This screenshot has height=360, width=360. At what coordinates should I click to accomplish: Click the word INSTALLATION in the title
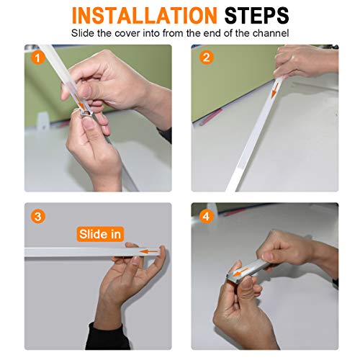tap(145, 16)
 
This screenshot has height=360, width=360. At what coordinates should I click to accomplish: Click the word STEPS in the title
tap(256, 16)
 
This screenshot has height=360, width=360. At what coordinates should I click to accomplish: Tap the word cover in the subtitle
tap(127, 33)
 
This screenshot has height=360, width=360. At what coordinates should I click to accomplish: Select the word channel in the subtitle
tap(271, 33)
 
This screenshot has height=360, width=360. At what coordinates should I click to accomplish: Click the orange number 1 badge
tap(38, 58)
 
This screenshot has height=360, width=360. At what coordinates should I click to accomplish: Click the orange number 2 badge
tap(206, 58)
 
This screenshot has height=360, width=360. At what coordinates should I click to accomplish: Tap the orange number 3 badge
tap(38, 217)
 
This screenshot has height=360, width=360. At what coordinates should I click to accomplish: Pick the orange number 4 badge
tap(206, 217)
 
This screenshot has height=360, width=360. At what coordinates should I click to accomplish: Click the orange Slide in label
tap(100, 234)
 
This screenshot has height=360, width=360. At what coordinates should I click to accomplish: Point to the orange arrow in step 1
tap(80, 101)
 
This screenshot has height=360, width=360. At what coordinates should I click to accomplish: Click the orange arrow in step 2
tap(275, 91)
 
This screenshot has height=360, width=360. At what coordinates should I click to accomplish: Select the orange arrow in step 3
tap(149, 251)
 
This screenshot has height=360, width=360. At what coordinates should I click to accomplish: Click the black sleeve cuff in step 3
tap(107, 336)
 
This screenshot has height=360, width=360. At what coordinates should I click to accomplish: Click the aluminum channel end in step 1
tap(86, 114)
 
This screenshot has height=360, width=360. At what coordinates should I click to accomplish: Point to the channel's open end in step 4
tap(232, 278)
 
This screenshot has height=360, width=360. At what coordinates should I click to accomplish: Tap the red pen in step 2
tap(210, 117)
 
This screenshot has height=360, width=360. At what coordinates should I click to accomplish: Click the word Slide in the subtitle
tap(83, 33)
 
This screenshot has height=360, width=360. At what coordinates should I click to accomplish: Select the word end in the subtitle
tap(213, 33)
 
